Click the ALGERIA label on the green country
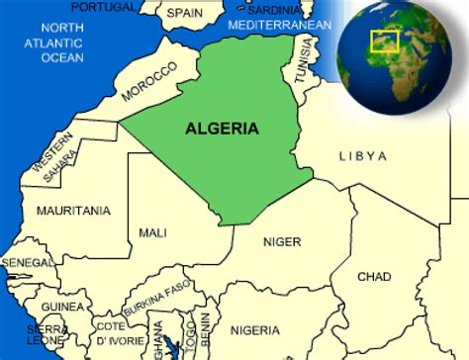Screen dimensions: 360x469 coord(223,129)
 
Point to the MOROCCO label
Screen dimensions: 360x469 coord(149,83)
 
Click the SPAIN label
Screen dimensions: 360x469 coord(185,13)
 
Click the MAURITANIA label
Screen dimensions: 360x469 coord(73,211)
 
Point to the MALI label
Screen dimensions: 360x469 coord(152,233)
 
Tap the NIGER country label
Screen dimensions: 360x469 coord(281,240)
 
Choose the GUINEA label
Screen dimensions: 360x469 coord(61,307)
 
